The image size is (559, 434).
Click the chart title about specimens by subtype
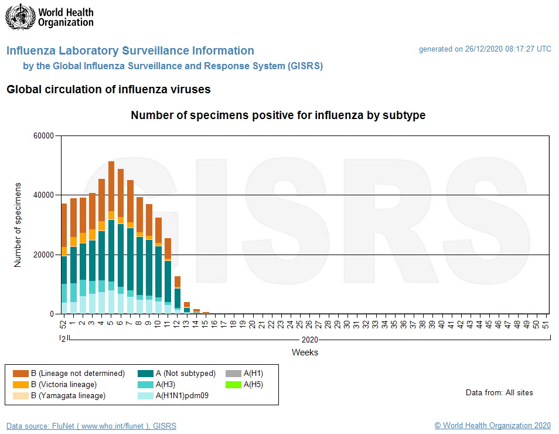(278, 116)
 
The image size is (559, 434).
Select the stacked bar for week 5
(111, 238)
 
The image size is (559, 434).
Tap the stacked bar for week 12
(178, 294)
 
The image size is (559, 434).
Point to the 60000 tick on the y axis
(42, 136)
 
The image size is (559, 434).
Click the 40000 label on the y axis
(42, 195)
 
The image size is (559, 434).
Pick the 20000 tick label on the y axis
(42, 255)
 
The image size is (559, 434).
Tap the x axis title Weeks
(305, 352)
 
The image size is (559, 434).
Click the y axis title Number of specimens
(18, 225)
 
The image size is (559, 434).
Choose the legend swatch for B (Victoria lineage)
(21, 385)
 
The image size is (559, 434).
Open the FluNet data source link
(91, 426)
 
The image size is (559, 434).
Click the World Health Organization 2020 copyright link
(492, 426)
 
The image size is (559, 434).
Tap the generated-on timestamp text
(485, 49)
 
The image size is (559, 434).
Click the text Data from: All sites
(499, 392)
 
